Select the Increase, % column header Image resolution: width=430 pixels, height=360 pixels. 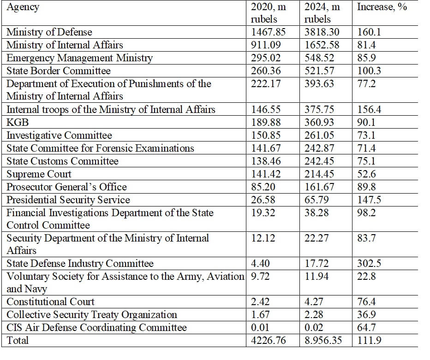[x=382, y=7]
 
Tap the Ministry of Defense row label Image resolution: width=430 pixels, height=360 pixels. [x=49, y=32]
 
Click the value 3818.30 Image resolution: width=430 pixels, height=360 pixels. [x=322, y=32]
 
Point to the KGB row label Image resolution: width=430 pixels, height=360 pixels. [x=18, y=122]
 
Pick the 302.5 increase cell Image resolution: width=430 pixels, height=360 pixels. [x=369, y=263]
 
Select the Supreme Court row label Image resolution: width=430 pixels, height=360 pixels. [x=39, y=174]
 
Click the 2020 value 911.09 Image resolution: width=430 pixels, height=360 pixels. [x=266, y=45]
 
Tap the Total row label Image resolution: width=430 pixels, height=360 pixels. [x=18, y=340]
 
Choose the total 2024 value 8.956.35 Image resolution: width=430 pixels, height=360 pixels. [x=323, y=340]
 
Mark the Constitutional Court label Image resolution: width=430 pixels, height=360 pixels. [x=50, y=301]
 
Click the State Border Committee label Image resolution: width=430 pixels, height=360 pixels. [x=59, y=71]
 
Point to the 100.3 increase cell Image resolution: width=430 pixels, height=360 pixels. [x=369, y=71]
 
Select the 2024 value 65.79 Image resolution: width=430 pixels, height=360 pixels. [x=317, y=200]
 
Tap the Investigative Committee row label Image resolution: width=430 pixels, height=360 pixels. [x=59, y=136]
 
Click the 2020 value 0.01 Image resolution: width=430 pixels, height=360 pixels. [x=260, y=327]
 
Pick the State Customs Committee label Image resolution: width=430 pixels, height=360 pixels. [x=62, y=161]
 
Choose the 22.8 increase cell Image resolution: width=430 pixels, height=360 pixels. [x=366, y=276]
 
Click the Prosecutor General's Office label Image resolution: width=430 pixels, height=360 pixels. [x=66, y=187]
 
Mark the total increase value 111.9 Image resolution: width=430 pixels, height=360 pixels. [x=369, y=340]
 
